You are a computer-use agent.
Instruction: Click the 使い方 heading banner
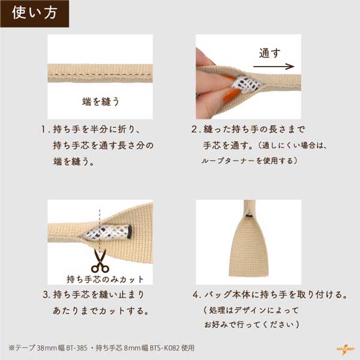[x=34, y=14]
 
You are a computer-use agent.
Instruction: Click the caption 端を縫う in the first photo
[x=101, y=101]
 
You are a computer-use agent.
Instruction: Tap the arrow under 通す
[x=274, y=67]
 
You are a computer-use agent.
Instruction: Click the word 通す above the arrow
[x=270, y=53]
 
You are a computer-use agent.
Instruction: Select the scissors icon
[x=100, y=261]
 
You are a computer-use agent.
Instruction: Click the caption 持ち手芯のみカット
[x=105, y=279]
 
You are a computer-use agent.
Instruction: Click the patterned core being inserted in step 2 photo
[x=246, y=85]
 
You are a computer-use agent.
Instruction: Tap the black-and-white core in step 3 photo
[x=107, y=232]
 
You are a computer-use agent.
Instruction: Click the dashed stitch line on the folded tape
[x=100, y=74]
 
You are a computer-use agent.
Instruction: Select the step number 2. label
[x=196, y=129]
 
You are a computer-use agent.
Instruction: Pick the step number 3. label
[x=46, y=295]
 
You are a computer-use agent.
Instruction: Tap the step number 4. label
[x=197, y=295]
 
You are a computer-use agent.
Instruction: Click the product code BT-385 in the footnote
[x=77, y=348]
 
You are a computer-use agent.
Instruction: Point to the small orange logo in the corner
[x=345, y=349]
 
